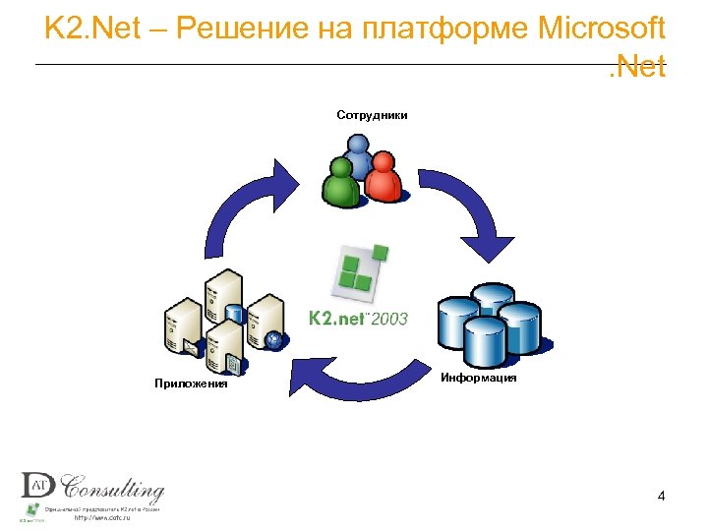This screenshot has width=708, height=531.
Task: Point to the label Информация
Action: tap(479, 378)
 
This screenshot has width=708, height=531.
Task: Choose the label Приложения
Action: tap(191, 383)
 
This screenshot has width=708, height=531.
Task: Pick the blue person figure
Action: tap(359, 157)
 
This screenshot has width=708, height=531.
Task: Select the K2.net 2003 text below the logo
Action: tap(357, 319)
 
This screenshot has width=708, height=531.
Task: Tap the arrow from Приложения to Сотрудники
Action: tap(246, 211)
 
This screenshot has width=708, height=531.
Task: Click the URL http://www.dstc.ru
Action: tap(102, 518)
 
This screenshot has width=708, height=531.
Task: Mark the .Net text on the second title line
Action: tap(636, 68)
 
